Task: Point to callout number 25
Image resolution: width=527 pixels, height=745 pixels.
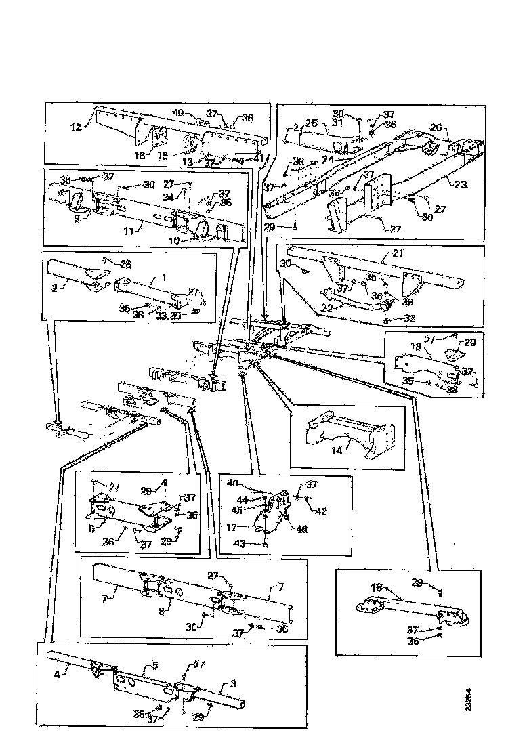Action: [312, 123]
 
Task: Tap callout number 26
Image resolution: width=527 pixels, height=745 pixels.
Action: [436, 127]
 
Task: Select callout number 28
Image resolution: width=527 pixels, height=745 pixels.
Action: [126, 263]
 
